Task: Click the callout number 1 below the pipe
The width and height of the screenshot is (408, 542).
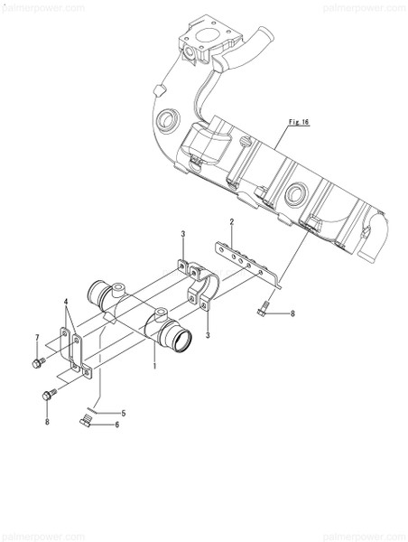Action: (155, 366)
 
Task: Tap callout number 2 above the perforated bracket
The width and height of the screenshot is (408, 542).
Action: (231, 222)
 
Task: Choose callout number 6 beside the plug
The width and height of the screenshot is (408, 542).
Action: (116, 425)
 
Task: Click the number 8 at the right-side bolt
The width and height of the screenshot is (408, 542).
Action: (292, 313)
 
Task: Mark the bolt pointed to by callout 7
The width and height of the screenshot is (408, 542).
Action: (38, 361)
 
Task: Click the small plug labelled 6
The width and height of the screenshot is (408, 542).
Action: (87, 421)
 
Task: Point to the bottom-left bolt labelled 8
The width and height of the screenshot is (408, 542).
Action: (47, 394)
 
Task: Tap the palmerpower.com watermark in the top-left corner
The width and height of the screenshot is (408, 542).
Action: (32, 5)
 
